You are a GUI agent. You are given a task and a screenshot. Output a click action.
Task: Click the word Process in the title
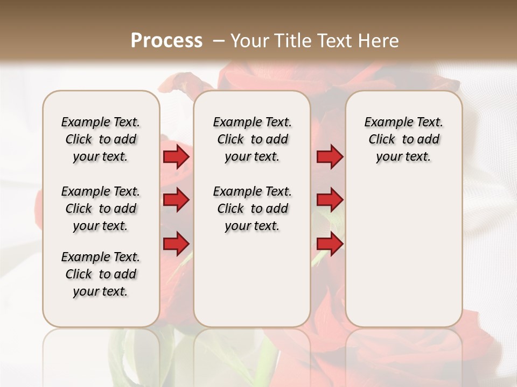(166, 41)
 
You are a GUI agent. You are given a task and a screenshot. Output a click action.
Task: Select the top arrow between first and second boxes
(176, 157)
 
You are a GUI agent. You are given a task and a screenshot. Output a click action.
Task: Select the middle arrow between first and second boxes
(176, 200)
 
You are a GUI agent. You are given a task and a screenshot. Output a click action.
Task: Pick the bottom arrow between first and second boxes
(176, 243)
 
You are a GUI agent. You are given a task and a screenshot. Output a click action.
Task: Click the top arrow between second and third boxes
(330, 157)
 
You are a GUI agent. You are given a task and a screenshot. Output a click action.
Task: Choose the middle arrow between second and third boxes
(330, 200)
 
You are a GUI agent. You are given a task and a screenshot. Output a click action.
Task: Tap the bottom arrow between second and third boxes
(330, 243)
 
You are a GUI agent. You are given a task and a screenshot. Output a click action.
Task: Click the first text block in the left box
(101, 139)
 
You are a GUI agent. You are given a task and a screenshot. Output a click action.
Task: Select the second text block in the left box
(101, 209)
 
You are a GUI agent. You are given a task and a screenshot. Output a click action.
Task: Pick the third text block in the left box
(101, 274)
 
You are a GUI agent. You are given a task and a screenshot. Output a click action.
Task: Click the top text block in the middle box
(252, 139)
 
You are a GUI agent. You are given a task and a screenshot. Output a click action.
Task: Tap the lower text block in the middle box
(252, 209)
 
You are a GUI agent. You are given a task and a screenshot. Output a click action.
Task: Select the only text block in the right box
(403, 139)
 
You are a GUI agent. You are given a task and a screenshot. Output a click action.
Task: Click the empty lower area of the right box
(403, 253)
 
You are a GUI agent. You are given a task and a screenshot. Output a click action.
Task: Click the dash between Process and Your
(218, 41)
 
